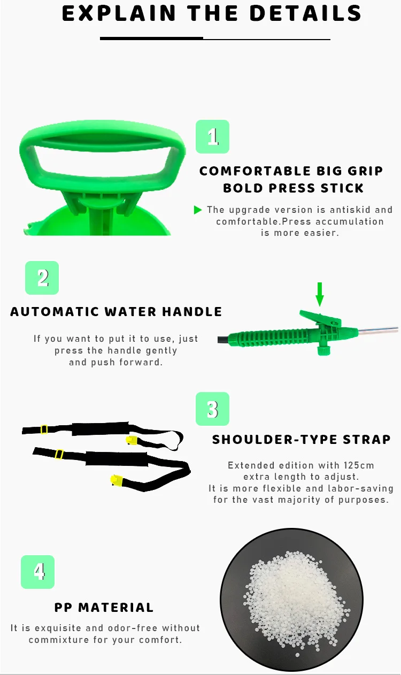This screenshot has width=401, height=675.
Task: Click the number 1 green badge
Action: [212, 136]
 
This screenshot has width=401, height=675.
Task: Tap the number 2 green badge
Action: [42, 278]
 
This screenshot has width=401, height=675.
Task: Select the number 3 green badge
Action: [212, 409]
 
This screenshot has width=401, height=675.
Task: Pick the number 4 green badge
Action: [37, 572]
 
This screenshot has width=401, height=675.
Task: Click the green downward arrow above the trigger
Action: [320, 294]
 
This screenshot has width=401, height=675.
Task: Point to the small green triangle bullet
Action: [198, 210]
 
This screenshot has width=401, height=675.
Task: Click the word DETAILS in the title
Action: [305, 13]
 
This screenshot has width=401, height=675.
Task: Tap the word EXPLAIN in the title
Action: [119, 13]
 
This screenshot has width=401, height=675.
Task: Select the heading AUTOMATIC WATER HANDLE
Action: [116, 312]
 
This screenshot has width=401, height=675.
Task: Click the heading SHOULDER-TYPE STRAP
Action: [301, 440]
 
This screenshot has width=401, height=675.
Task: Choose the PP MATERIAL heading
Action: [104, 608]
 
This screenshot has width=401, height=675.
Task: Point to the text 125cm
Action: [359, 465]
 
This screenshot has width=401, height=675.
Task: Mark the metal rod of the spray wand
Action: [378, 329]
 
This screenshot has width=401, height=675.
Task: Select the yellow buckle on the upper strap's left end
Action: [44, 429]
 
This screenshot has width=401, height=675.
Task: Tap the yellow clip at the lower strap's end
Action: [117, 480]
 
